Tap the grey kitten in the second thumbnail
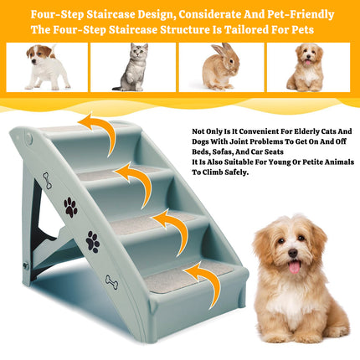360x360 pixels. [x=133, y=69]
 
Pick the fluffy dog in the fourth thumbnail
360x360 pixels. [x=306, y=69]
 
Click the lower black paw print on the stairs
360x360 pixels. [x=92, y=242]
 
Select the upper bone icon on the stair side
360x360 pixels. [x=47, y=179]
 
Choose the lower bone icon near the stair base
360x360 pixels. [x=111, y=281]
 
